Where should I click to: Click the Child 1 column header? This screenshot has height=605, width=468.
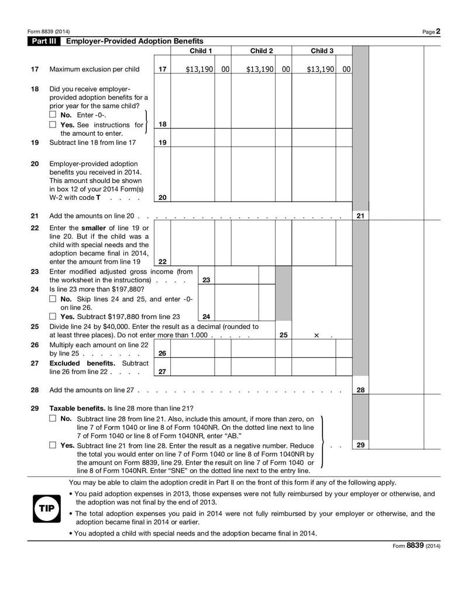[x=201, y=51]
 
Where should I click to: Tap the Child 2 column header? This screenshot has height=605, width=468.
[x=261, y=51]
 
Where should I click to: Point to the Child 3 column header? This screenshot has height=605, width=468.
[x=322, y=51]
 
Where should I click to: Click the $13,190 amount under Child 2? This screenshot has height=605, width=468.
[x=260, y=69]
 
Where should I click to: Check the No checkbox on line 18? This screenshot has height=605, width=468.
[x=53, y=115]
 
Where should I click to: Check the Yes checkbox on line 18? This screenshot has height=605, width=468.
[x=53, y=125]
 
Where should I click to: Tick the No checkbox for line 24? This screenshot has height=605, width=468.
[x=53, y=299]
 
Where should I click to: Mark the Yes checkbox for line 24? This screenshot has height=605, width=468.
[x=53, y=317]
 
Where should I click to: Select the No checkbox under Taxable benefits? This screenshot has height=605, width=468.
[x=53, y=419]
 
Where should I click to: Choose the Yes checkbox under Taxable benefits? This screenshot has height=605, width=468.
[x=53, y=445]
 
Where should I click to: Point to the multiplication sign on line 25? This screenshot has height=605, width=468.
[x=316, y=336]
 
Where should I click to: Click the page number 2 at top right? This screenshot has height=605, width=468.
[x=438, y=31]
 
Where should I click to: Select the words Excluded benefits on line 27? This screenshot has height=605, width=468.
[x=77, y=363]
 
